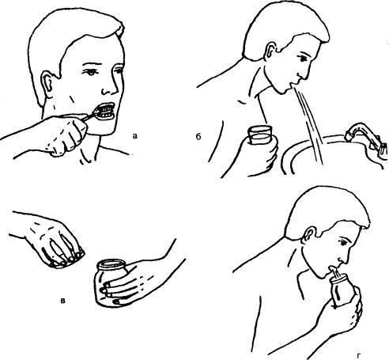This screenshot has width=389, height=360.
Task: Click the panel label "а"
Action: coord(134,136)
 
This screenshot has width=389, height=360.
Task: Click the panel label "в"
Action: coord(63,301)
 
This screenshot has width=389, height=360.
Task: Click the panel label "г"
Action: coord(358,356)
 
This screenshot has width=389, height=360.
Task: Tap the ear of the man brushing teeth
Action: coord(47,85)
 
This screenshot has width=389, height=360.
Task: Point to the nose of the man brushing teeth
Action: coord(110,85)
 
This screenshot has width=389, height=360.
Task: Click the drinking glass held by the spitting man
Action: coord(259,135)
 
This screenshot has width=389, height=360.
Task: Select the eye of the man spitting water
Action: coord(303,58)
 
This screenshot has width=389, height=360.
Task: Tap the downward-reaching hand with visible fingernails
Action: coord(54,240)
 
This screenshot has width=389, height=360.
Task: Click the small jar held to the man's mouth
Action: coord(342,289)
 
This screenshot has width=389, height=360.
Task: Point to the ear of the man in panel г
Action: coord(309,236)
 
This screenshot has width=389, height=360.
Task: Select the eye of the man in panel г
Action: coord(343,243)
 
